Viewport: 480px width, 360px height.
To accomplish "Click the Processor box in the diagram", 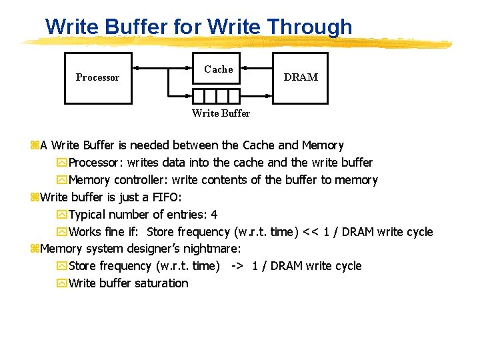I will pos(97,77).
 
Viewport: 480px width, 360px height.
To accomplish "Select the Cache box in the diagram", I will pos(216,69).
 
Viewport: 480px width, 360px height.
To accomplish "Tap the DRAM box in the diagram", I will pos(300,77).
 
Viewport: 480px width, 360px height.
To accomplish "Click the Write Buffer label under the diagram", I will pos(221,113).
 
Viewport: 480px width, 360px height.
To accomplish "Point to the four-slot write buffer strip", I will pos(216,95).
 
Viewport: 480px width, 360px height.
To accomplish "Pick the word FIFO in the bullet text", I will pos(165,197).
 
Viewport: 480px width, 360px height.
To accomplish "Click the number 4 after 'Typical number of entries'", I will pos(214,215).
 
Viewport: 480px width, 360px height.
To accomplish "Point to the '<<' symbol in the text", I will pos(310,232).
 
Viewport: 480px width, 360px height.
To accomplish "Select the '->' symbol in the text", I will pos(236,266).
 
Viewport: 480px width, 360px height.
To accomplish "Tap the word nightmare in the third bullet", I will pos(212,249).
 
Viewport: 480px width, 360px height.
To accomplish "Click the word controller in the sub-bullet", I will pos(140,180).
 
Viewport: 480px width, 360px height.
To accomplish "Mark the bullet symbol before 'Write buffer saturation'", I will pos(62,283).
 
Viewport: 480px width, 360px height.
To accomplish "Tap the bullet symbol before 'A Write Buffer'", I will pos(35,145).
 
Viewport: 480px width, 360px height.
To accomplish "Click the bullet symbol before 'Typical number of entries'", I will pos(62,215).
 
